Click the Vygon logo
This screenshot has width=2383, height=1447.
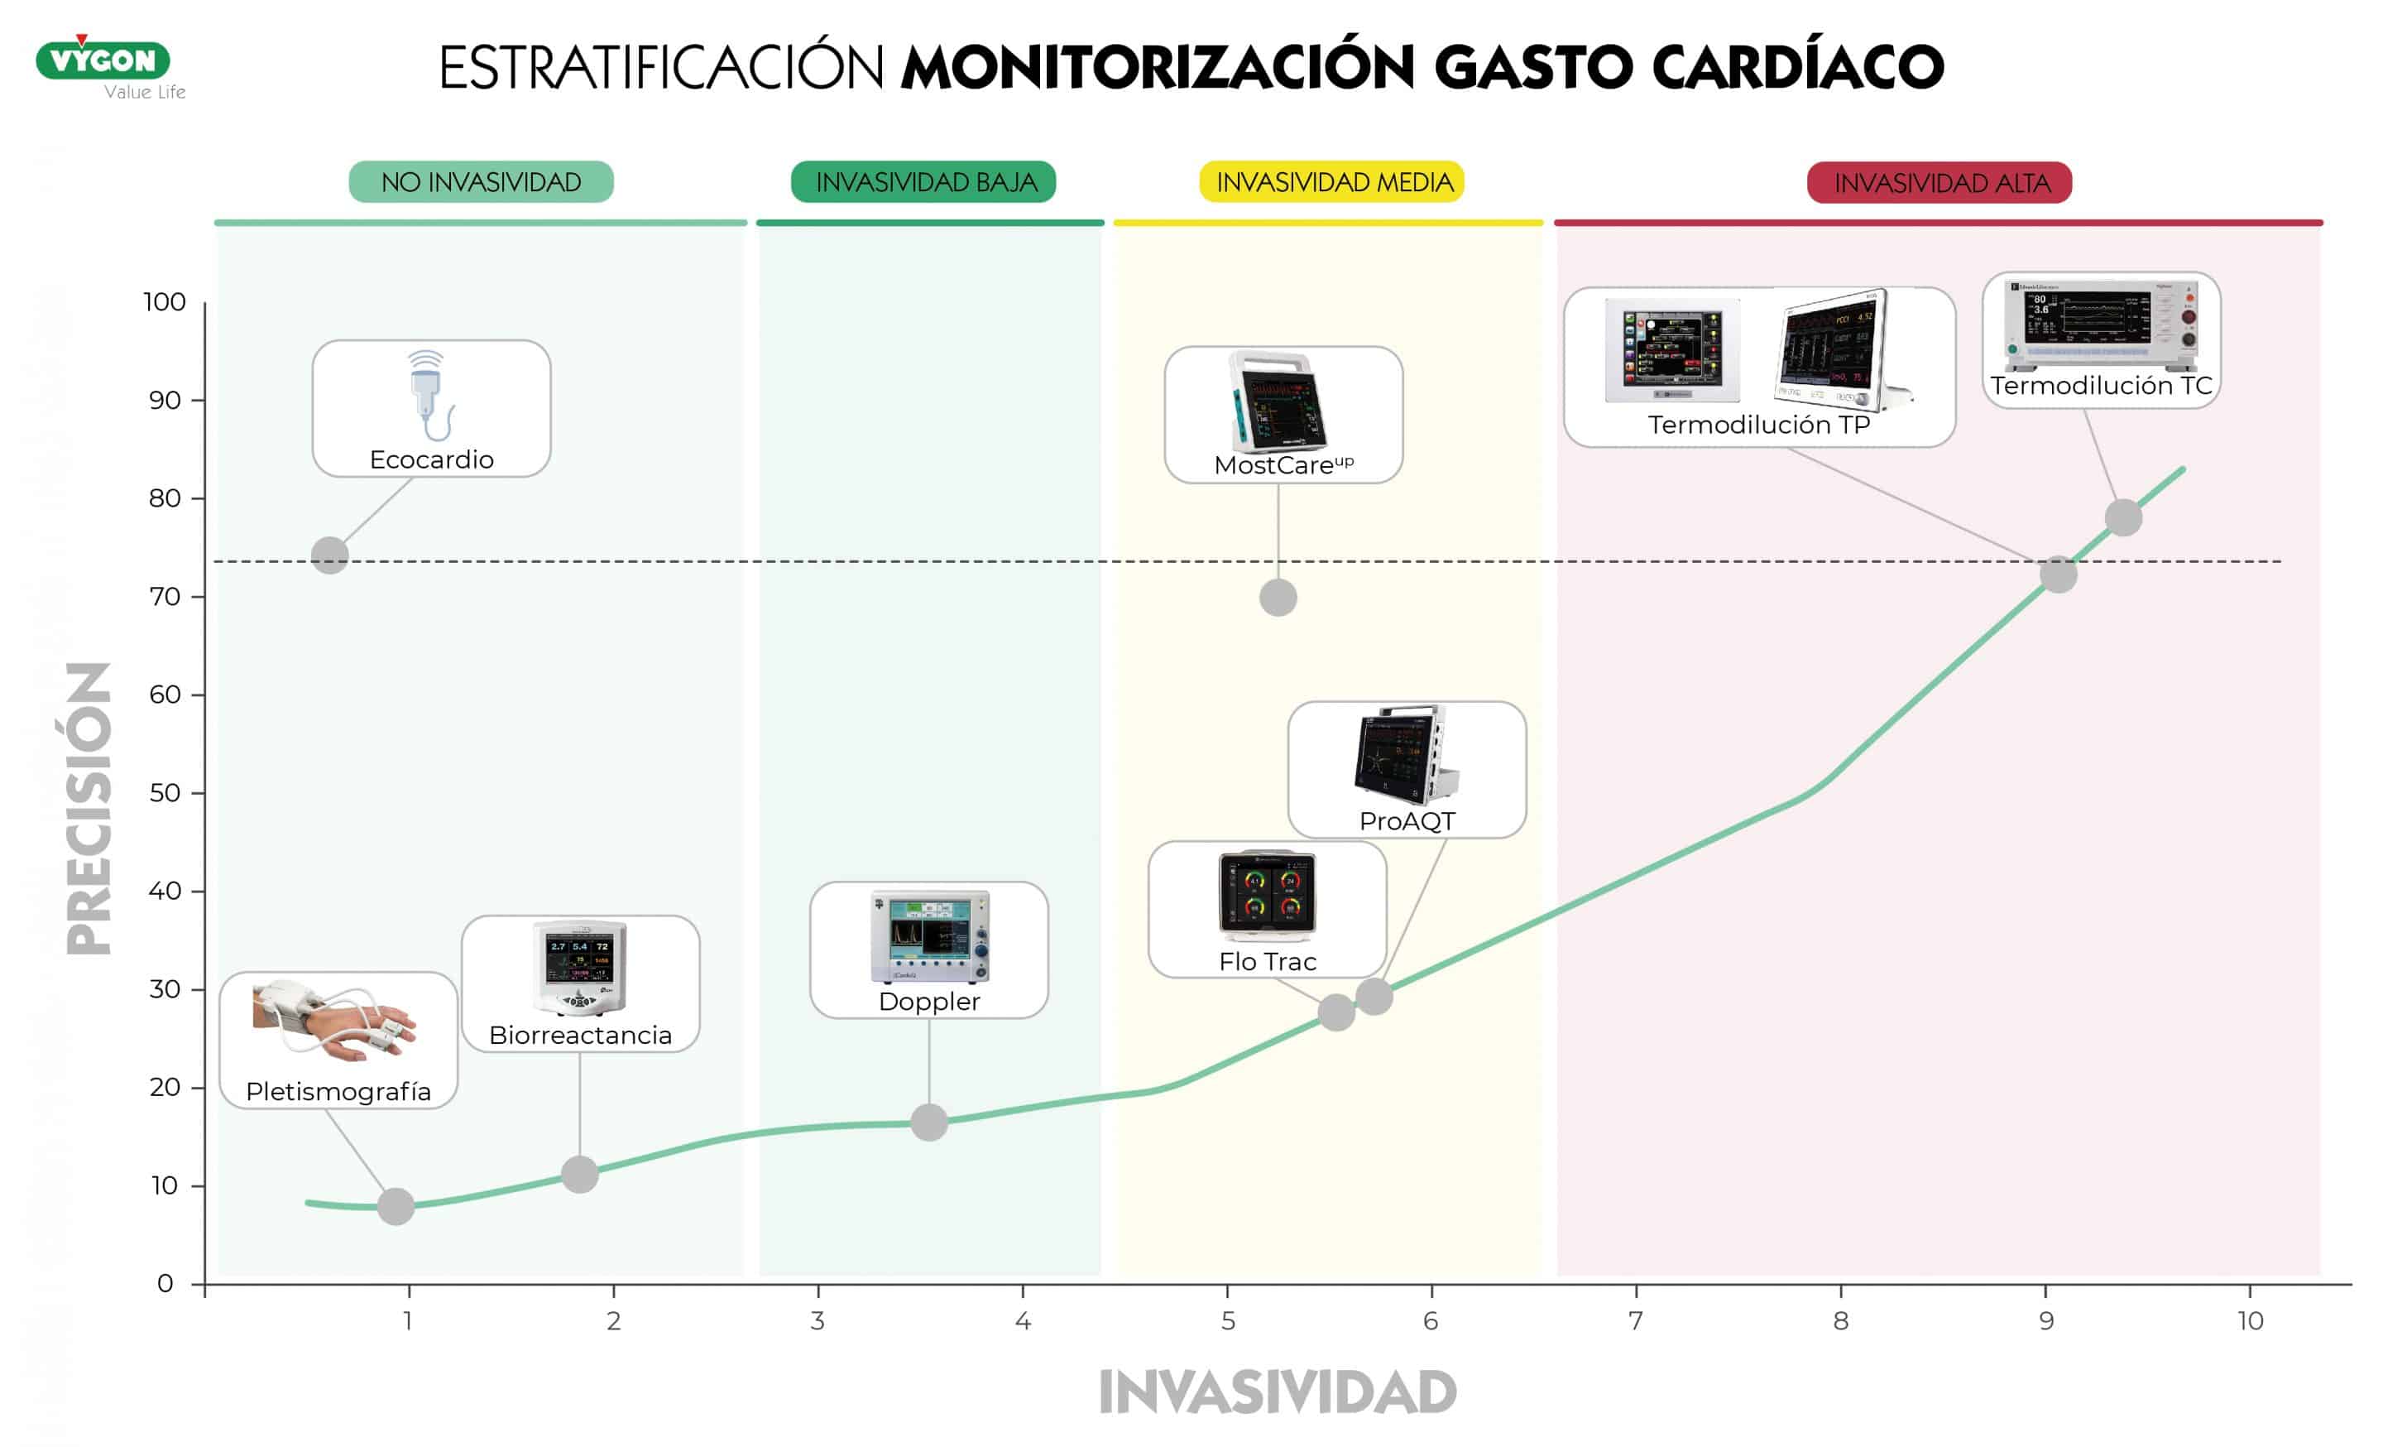103,61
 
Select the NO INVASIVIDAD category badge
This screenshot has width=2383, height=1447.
481,182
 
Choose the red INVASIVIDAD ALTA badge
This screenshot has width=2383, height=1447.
1939,183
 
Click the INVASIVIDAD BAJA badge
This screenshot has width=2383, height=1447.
923,182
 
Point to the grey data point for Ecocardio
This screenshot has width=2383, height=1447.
330,555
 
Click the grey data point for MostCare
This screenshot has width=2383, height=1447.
1278,598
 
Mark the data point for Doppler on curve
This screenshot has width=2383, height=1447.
928,1122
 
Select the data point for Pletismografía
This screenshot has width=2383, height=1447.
396,1206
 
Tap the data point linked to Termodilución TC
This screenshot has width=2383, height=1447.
2123,517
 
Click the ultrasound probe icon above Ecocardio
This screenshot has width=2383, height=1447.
429,395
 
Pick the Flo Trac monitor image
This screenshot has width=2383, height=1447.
1267,896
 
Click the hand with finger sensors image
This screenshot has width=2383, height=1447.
333,1022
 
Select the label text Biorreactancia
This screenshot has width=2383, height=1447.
580,1035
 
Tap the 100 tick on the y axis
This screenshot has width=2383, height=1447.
165,302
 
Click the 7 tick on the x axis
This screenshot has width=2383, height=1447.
1635,1320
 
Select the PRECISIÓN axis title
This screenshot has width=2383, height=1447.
89,808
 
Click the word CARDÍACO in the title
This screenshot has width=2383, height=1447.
1797,67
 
